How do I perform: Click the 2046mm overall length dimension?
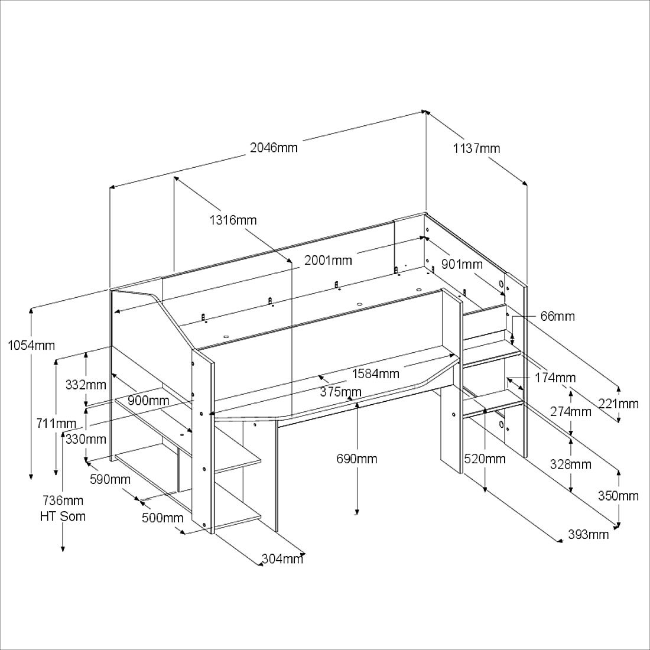(274, 148)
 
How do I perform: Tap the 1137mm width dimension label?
(476, 148)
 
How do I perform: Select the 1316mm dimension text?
(233, 220)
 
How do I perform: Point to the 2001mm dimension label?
(329, 261)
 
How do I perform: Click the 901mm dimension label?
(462, 264)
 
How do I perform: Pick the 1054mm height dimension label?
(31, 345)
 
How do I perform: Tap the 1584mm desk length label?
(376, 373)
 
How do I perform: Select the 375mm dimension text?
(341, 391)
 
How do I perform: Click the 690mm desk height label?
(356, 459)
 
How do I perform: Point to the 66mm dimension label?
(558, 316)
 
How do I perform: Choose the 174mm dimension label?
(555, 378)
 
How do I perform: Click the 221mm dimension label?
(619, 404)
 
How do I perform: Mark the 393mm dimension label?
(588, 535)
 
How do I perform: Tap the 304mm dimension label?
(282, 559)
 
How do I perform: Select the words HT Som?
(63, 516)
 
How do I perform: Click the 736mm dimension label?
(63, 500)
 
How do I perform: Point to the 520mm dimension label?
(485, 459)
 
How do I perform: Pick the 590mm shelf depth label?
(110, 479)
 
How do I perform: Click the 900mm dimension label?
(148, 401)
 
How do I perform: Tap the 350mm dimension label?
(618, 496)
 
